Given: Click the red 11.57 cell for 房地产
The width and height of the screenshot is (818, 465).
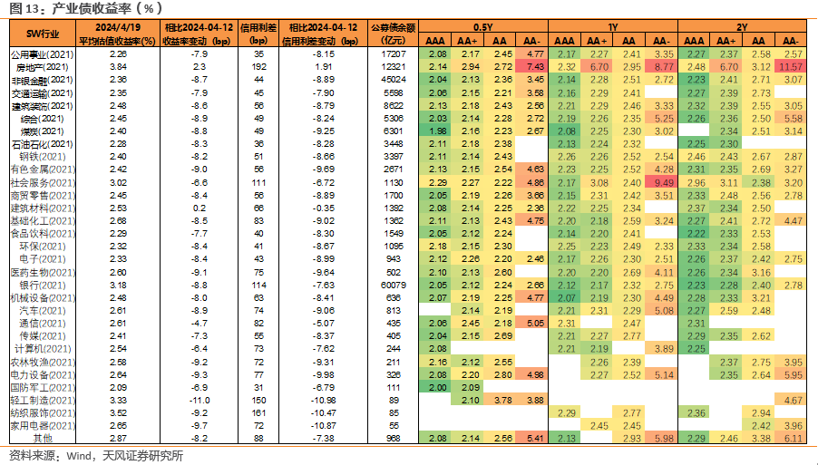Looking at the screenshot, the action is coord(791,67).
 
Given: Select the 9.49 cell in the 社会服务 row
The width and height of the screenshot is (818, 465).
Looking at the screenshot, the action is coord(661,182).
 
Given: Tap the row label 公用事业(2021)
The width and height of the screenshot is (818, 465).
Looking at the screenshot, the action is coord(43,54).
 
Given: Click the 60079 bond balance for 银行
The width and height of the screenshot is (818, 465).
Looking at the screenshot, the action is coord(394,286).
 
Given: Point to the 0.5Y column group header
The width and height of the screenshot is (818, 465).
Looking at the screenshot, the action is coord(483,27).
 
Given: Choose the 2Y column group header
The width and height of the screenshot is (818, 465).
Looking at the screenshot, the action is coord(743,27).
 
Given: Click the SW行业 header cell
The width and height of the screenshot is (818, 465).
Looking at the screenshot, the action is coord(43,34).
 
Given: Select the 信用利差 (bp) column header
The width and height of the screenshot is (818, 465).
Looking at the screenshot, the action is coord(258,34).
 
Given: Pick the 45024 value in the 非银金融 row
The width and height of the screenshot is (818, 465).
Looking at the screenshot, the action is coord(394,80).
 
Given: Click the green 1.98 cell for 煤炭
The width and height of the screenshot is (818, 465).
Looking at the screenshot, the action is coord(435,131).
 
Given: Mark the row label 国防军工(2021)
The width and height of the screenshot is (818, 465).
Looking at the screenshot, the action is coord(43,388).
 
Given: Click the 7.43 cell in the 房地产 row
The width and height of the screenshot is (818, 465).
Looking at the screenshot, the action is coord(532,67).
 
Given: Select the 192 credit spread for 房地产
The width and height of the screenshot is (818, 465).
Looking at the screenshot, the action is coord(258,67).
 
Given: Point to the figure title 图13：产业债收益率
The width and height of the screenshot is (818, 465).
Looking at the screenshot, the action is coord(86,8).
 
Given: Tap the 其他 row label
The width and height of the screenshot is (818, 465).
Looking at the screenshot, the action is coord(43,439).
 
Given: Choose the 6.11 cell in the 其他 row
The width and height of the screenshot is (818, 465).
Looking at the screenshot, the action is coord(791,439).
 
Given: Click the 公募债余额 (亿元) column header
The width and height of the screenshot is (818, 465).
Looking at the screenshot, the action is coord(393,34).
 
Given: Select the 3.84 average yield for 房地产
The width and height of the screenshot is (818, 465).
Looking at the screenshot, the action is coord(118,67).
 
